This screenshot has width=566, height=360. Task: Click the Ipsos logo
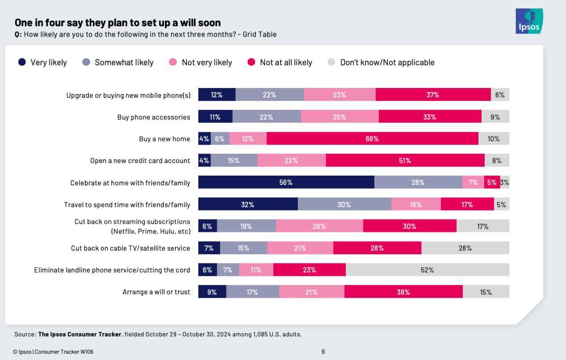[529, 21]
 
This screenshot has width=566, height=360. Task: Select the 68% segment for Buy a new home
[372, 138]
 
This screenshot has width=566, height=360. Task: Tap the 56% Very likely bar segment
[286, 182]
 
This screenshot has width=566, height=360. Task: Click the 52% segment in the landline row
[427, 270]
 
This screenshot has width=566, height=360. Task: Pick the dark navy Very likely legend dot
[22, 63]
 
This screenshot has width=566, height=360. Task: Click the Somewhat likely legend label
[124, 63]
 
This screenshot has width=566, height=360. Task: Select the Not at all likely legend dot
[251, 63]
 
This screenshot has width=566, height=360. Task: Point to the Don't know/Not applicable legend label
[387, 63]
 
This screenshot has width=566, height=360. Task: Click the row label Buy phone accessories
[154, 117]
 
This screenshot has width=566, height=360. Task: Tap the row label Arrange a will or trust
[156, 292]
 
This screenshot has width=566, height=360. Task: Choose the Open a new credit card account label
[140, 161]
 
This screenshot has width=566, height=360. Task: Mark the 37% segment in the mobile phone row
[433, 95]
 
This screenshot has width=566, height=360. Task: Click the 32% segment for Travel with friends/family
[247, 204]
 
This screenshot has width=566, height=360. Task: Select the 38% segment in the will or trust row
[403, 292]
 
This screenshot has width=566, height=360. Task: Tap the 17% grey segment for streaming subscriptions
[482, 226]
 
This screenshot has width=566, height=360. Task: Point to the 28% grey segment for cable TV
[465, 248]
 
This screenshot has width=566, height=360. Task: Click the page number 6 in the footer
[323, 352]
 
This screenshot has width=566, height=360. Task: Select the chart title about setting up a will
[117, 22]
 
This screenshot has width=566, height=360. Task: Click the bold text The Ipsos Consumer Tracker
[80, 334]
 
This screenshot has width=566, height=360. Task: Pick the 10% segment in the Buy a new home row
[494, 138]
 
